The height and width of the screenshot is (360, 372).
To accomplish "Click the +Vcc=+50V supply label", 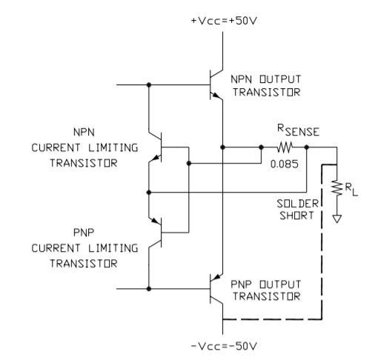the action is point(224,21).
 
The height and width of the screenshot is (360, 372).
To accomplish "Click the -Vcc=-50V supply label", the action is point(224,346).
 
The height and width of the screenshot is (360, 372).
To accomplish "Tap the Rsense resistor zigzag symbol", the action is point(285,147).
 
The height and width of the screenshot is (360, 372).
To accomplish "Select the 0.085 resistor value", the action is point(285,164).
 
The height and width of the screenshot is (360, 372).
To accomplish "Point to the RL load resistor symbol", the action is point(337,188).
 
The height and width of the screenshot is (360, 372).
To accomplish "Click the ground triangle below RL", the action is point(337,219).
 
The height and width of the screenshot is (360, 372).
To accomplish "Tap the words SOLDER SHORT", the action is point(297,210).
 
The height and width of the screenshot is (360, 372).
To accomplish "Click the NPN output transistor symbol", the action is point(216,84).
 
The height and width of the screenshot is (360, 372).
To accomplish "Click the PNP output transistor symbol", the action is point(216,289).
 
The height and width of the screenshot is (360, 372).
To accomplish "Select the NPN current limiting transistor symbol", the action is point(155,147).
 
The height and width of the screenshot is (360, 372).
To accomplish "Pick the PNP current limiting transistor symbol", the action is point(155,233).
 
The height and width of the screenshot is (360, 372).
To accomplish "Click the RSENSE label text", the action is point(298,130).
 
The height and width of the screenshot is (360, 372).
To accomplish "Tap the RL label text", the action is point(351,190).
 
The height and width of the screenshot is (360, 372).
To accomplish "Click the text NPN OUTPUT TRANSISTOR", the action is point(266,86).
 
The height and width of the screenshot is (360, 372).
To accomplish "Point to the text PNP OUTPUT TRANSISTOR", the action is point(266,290).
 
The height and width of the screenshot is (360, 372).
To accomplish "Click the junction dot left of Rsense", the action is point(261,147).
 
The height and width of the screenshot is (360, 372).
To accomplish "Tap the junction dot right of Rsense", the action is point(307,147).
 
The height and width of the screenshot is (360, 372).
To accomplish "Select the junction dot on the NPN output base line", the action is point(149,84).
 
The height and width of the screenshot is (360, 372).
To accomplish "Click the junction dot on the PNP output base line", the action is point(149,289).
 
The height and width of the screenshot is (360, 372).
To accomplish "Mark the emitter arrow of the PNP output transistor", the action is point(216,278).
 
